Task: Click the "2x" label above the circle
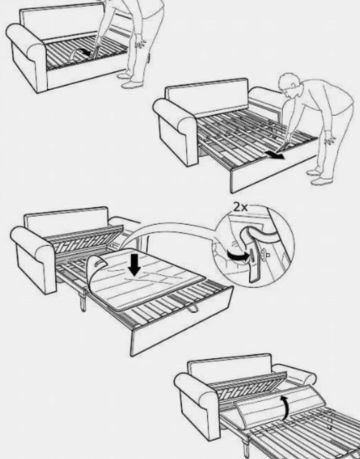[x=240, y=207]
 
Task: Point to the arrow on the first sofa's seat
[x=83, y=52]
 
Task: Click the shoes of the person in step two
[x=318, y=176]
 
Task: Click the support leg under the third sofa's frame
[x=83, y=299]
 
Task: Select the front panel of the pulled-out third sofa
[x=181, y=322]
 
